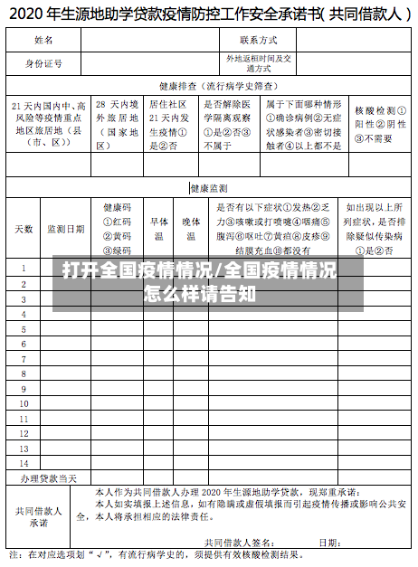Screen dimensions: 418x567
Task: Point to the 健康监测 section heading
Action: click(208, 188)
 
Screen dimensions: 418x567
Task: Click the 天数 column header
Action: click(24, 229)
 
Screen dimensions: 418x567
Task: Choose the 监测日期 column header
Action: click(66, 229)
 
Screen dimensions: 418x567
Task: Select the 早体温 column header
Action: click(158, 229)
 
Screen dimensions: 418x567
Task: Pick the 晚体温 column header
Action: click(191, 229)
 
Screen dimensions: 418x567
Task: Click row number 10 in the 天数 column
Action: click(24, 378)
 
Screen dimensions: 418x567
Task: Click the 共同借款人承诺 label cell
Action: click(39, 515)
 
